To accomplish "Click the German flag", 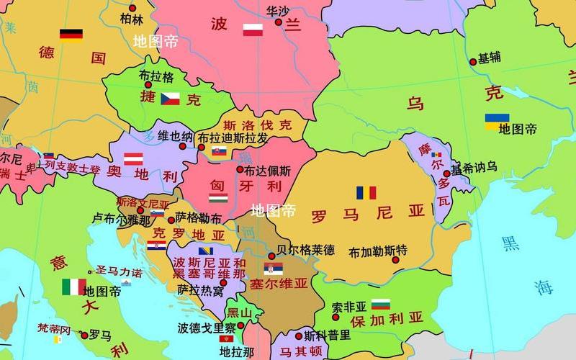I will (x=71, y=35).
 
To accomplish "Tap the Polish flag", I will (x=253, y=30).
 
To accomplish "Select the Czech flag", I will (x=170, y=99).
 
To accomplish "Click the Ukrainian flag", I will (x=497, y=122).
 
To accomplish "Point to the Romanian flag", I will (x=366, y=193).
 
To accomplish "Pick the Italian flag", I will (x=73, y=287).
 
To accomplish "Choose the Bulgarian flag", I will (x=380, y=305).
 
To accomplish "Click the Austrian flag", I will (x=133, y=159).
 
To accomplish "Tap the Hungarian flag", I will (x=218, y=197).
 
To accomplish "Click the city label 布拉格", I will (x=156, y=76).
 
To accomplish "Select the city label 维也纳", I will (x=175, y=136).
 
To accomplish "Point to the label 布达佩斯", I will (x=267, y=171).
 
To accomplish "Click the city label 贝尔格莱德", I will (x=306, y=250).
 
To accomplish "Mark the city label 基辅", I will (x=490, y=58).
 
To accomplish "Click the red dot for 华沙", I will (x=279, y=22).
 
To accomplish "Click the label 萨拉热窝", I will (x=200, y=290).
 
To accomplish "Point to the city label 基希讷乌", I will (x=474, y=167).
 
